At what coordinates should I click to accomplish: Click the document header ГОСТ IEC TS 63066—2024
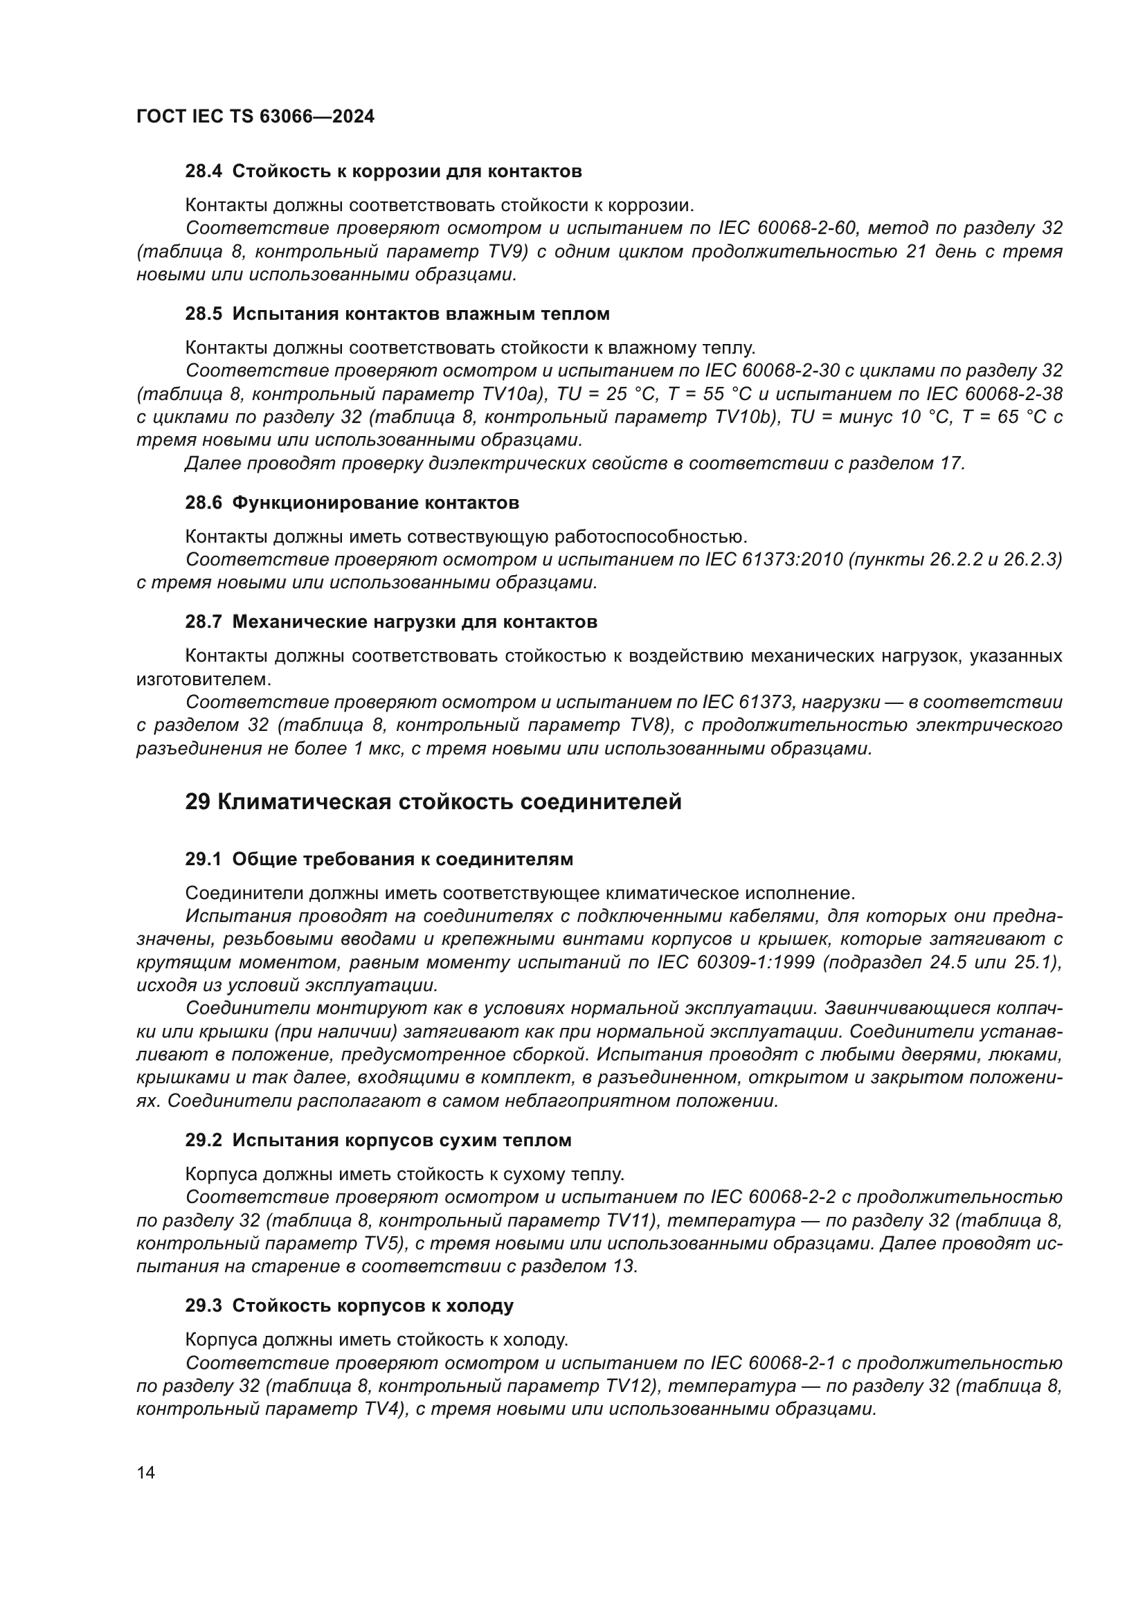click(255, 116)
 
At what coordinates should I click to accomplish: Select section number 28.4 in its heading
click(203, 172)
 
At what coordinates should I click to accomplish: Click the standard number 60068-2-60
click(806, 228)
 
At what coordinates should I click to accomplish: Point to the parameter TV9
click(507, 252)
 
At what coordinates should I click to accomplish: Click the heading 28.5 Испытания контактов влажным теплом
click(397, 314)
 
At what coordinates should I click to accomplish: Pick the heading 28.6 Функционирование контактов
click(352, 503)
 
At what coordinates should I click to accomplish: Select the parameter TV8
click(648, 725)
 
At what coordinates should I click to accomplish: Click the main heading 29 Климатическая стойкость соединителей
click(433, 802)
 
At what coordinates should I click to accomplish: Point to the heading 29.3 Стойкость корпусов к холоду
click(349, 1306)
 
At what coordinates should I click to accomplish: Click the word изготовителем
click(204, 680)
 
